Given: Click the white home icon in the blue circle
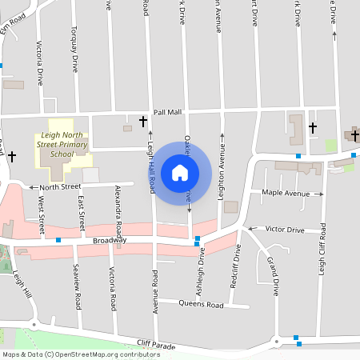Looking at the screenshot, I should pyautogui.click(x=180, y=172).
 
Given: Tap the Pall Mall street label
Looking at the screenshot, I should pyautogui.click(x=168, y=113).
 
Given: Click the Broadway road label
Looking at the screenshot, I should pyautogui.click(x=110, y=240).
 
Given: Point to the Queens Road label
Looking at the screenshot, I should pyautogui.click(x=201, y=304).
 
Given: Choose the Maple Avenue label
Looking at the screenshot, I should pyautogui.click(x=286, y=194).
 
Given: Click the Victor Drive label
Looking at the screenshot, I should pyautogui.click(x=285, y=230).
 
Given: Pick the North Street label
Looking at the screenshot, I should pyautogui.click(x=61, y=187).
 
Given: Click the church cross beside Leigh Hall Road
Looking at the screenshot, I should pyautogui.click(x=143, y=122).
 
